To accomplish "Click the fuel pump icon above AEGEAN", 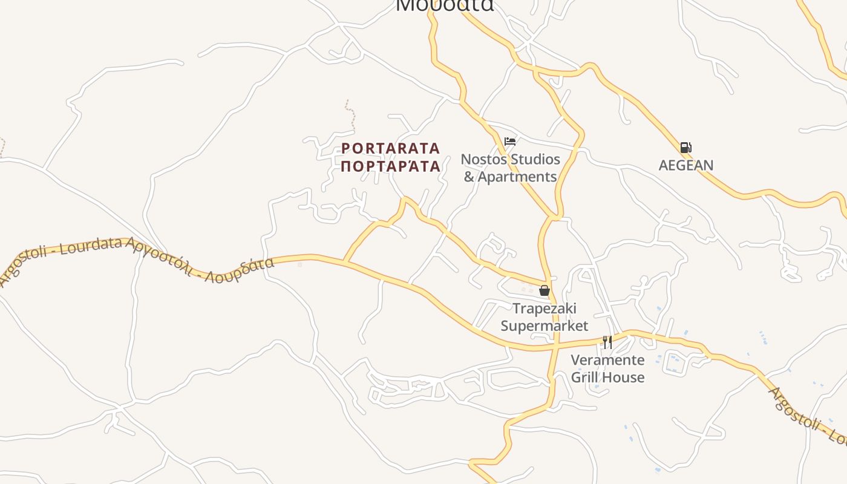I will (685, 148).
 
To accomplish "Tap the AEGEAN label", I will (686, 165).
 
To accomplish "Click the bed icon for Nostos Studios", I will (510, 142).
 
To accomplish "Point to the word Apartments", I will (517, 177).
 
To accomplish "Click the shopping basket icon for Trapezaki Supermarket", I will (544, 290).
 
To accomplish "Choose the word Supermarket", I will (544, 326).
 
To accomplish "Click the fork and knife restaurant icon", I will (607, 342).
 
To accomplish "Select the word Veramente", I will (607, 361).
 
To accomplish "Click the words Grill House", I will (607, 378).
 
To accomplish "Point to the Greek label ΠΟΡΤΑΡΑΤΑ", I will (391, 166).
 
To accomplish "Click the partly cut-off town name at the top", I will (445, 5).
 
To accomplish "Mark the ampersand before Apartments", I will (469, 177).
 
